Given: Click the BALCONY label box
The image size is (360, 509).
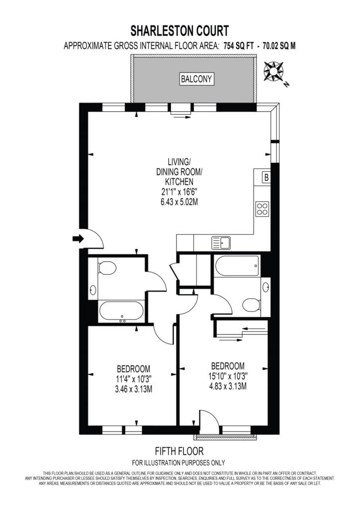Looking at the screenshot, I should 196,79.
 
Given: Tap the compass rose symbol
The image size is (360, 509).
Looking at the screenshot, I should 273,72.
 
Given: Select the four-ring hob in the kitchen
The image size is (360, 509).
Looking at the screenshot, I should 263,208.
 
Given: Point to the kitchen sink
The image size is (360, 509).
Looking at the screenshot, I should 221,243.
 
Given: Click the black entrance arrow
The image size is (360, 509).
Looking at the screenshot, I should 78,239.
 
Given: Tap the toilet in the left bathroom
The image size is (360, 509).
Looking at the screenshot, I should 105,268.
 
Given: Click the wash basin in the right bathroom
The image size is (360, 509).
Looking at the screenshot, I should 266,287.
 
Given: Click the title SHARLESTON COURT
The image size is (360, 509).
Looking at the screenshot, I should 180,31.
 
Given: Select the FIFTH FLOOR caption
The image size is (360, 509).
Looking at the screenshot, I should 180,451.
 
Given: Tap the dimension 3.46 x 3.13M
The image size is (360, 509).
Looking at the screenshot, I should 133,389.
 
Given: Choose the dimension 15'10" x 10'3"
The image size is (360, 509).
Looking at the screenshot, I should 227,376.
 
